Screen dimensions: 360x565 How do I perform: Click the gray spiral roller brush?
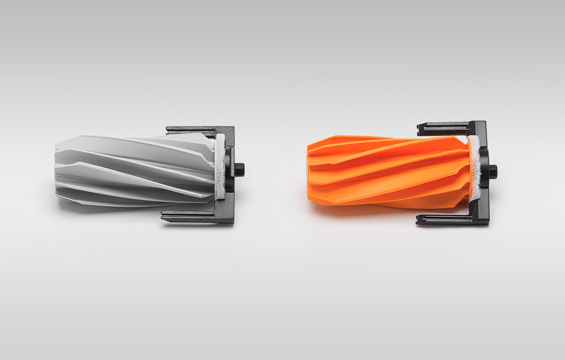[x=136, y=170]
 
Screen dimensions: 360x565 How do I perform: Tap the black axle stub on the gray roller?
[x=240, y=170]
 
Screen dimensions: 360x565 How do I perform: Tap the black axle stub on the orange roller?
[x=493, y=171]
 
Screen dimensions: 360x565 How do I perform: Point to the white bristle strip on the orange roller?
[x=473, y=170]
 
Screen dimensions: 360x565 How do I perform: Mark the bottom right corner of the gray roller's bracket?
[x=232, y=222]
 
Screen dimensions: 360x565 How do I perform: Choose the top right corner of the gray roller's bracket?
[x=233, y=128]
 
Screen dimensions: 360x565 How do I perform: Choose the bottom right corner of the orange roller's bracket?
[x=487, y=224]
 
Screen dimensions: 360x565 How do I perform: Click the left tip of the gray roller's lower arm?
[x=163, y=216]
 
